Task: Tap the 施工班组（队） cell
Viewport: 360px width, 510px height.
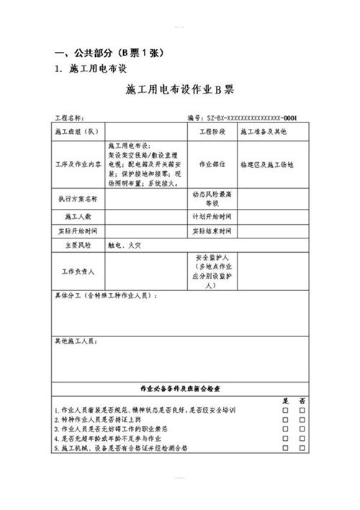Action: click(x=75, y=133)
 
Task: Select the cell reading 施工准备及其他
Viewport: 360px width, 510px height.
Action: click(x=264, y=133)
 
